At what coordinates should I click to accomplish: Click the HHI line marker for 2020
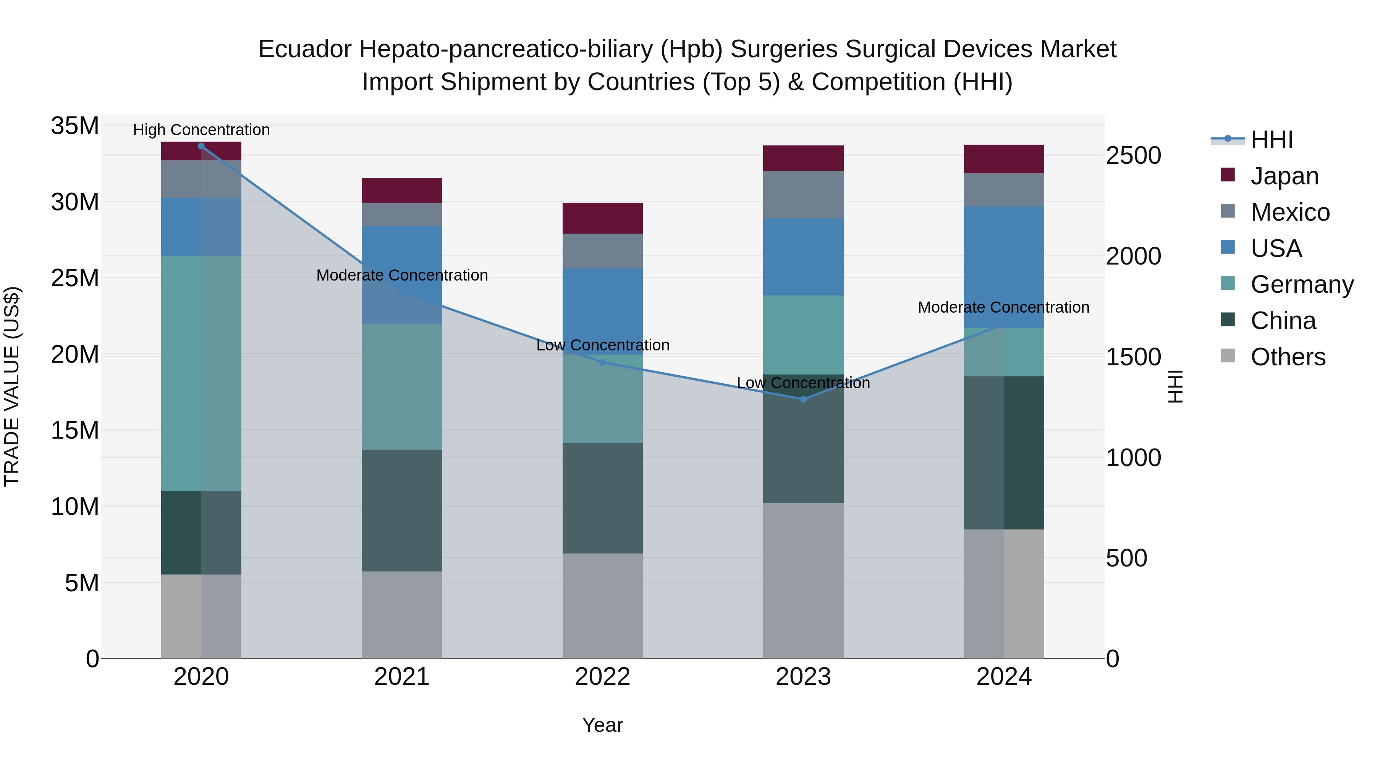(x=201, y=146)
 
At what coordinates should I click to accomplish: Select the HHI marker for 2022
(x=603, y=362)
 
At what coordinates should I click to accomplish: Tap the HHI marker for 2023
(x=803, y=399)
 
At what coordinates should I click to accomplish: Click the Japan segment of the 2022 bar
(x=603, y=218)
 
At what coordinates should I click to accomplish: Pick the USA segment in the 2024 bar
(x=1004, y=267)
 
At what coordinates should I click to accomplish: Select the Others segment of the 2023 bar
(x=803, y=580)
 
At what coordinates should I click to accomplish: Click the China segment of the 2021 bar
(x=402, y=510)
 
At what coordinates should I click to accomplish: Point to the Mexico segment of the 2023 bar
(x=803, y=195)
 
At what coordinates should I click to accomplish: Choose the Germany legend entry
(x=1301, y=284)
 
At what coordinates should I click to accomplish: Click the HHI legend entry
(x=1271, y=140)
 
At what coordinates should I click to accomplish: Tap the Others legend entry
(x=1288, y=357)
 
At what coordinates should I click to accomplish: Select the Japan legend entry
(x=1284, y=176)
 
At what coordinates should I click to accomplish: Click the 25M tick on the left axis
(x=75, y=278)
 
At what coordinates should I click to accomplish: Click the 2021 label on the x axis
(x=402, y=677)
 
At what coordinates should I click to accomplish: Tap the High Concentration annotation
(x=201, y=130)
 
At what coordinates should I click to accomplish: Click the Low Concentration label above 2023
(x=803, y=383)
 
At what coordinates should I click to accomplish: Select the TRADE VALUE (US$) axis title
(x=12, y=386)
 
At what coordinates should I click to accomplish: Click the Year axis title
(x=603, y=725)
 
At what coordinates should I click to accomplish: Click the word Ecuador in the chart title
(x=305, y=49)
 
